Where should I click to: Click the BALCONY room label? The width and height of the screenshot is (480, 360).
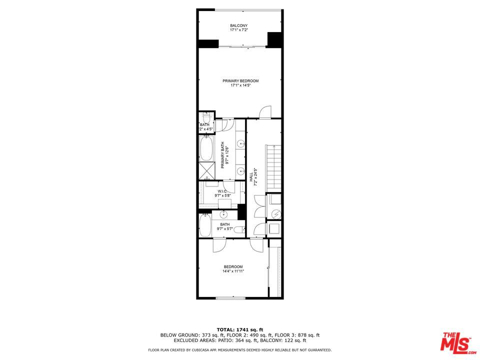click(x=238, y=25)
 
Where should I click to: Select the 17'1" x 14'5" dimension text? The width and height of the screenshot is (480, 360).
click(x=240, y=85)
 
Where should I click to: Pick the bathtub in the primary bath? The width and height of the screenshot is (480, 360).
click(x=205, y=149)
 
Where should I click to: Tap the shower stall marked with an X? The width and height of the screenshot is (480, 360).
click(x=205, y=170)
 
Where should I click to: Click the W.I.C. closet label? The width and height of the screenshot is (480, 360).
click(x=222, y=191)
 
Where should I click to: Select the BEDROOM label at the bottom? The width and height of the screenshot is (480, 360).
click(x=233, y=266)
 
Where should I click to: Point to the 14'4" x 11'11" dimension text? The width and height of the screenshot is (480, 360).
click(x=233, y=271)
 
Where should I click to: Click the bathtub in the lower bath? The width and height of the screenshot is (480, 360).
click(x=204, y=226)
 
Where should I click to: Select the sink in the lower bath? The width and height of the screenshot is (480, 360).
click(x=223, y=215)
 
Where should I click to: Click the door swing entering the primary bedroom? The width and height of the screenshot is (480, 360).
click(x=264, y=112)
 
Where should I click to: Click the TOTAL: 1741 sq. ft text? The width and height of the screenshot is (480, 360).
click(x=240, y=329)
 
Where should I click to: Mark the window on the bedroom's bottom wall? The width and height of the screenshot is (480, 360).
click(x=231, y=298)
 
